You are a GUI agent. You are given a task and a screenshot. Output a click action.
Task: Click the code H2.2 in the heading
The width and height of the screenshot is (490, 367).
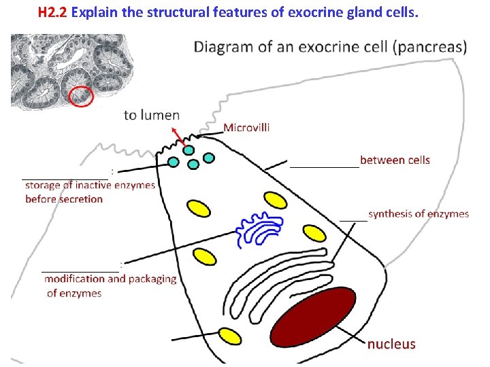[52, 12]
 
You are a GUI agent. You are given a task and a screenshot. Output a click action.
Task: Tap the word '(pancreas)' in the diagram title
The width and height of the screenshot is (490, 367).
[433, 47]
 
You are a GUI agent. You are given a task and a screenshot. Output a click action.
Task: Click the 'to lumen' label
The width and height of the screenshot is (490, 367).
[152, 115]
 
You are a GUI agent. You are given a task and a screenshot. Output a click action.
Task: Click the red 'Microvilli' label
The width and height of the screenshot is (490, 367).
[246, 127]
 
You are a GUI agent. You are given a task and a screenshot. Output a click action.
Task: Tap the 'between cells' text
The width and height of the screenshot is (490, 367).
[395, 160]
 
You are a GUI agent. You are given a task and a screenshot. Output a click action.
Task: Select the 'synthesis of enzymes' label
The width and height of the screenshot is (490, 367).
[419, 213]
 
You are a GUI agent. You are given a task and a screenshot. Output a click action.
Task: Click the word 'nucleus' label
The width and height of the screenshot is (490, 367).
[391, 344]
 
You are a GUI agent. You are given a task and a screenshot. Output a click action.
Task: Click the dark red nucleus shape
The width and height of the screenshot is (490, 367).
[314, 316]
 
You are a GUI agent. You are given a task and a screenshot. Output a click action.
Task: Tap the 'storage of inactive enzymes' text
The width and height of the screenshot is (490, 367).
[90, 185]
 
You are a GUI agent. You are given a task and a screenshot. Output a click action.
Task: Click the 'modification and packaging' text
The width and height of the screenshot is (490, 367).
[110, 279]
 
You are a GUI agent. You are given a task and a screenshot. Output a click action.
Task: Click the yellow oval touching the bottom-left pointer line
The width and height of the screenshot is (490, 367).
[229, 336]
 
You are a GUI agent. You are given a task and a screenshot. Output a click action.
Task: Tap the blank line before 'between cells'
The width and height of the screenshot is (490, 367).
[324, 164]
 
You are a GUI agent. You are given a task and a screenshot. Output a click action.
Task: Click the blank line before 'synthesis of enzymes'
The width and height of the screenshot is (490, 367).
[353, 219]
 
